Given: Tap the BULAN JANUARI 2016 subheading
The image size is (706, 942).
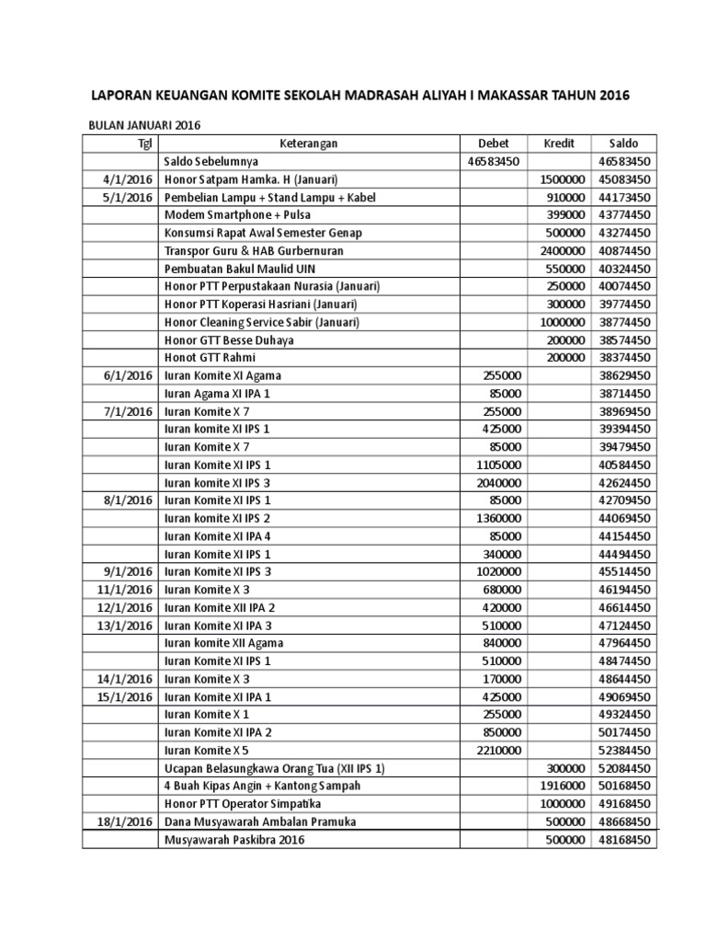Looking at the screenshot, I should [144, 125].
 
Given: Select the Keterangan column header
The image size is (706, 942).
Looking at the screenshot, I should [308, 144].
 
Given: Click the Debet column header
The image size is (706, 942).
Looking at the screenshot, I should [493, 144].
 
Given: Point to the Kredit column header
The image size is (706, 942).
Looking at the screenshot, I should [559, 144].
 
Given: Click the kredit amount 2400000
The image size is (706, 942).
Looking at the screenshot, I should [562, 250].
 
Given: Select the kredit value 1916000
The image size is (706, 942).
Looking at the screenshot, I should [562, 786].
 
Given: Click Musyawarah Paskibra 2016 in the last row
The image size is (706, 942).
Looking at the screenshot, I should [233, 839].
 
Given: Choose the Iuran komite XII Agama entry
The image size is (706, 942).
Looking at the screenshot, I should [223, 643].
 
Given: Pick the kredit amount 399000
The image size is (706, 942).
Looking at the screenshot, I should [565, 214].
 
